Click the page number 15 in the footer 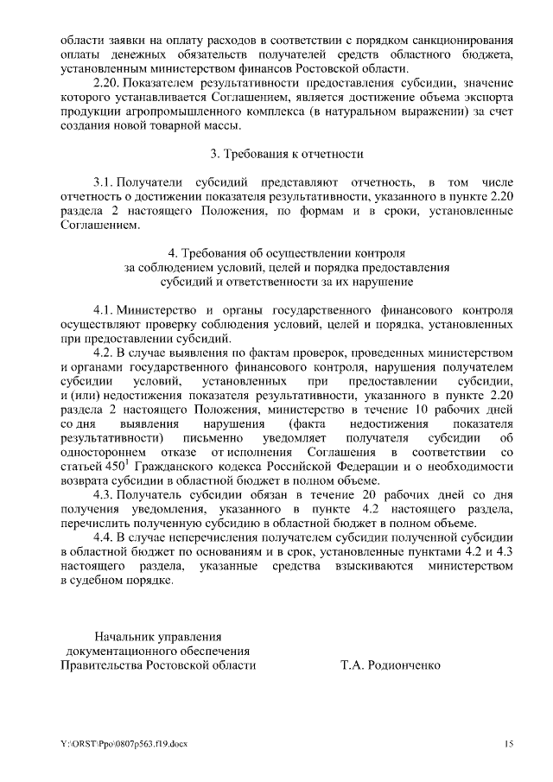pyautogui.click(x=509, y=743)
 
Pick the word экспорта pyautogui.click(x=489, y=98)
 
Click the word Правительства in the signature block pyautogui.click(x=101, y=665)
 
